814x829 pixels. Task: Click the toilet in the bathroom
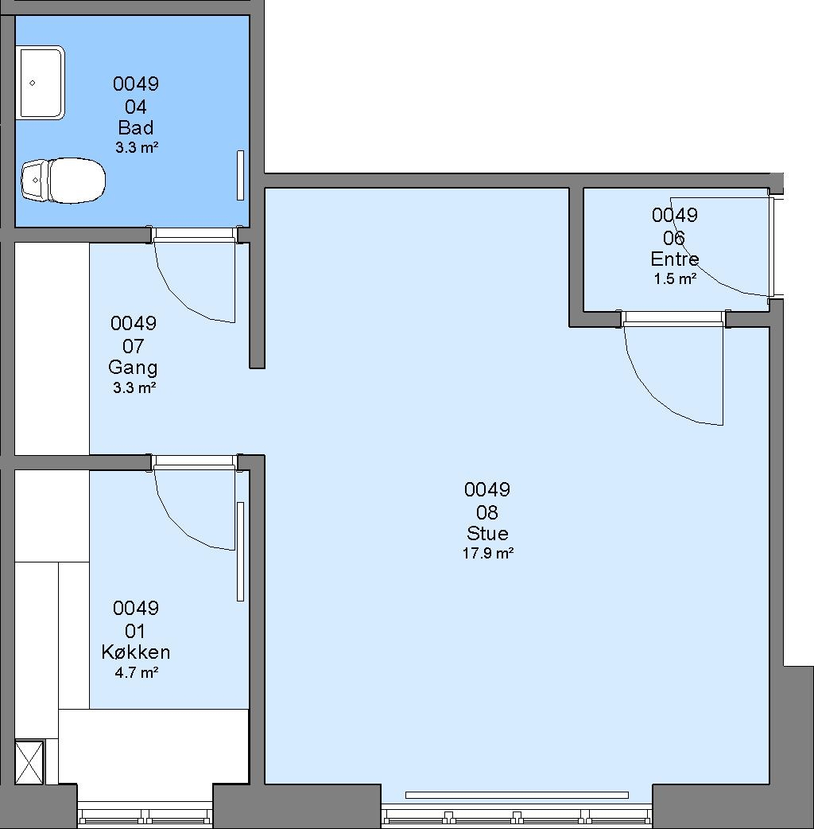63,181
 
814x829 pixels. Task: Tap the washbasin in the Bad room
42,83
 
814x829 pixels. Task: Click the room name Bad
136,128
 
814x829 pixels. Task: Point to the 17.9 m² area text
488,553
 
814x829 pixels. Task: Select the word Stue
487,534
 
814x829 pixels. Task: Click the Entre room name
675,259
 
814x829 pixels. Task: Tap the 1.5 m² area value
675,278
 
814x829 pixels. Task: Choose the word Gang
133,368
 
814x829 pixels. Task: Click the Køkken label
136,652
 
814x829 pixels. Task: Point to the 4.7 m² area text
136,672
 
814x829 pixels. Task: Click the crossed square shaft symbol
29,762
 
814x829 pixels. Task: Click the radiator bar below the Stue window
517,795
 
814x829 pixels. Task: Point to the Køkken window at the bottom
145,814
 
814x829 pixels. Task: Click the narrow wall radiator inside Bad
240,176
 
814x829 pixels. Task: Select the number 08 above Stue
487,512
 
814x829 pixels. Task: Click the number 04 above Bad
136,107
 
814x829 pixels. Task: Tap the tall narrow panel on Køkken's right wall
240,551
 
